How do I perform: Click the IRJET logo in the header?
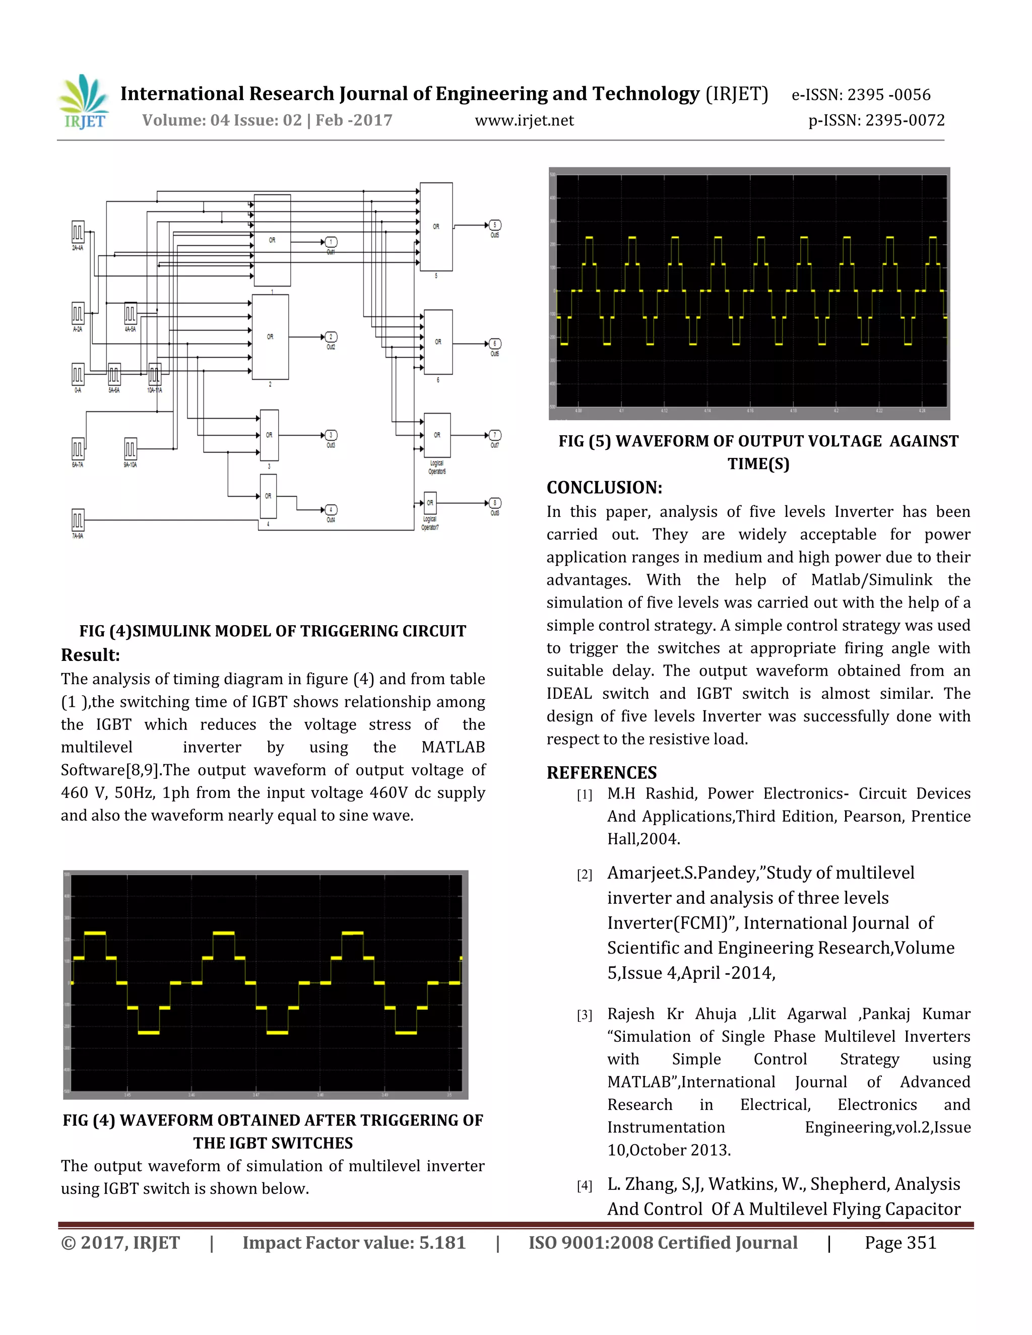coord(84,101)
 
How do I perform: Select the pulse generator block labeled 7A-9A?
coord(78,520)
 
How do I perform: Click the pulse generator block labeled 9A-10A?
coord(130,449)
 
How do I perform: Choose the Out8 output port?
coord(495,503)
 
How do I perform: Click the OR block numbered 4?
coord(268,496)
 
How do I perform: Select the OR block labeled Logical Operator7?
coord(430,503)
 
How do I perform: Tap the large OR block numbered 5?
coord(436,227)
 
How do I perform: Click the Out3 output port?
coord(331,435)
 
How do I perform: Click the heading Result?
coord(91,655)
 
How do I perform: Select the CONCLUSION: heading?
coord(604,487)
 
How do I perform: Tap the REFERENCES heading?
coord(601,773)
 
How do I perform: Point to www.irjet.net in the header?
coord(524,120)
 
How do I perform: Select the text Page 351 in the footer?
coord(900,1243)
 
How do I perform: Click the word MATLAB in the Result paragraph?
coord(453,747)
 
